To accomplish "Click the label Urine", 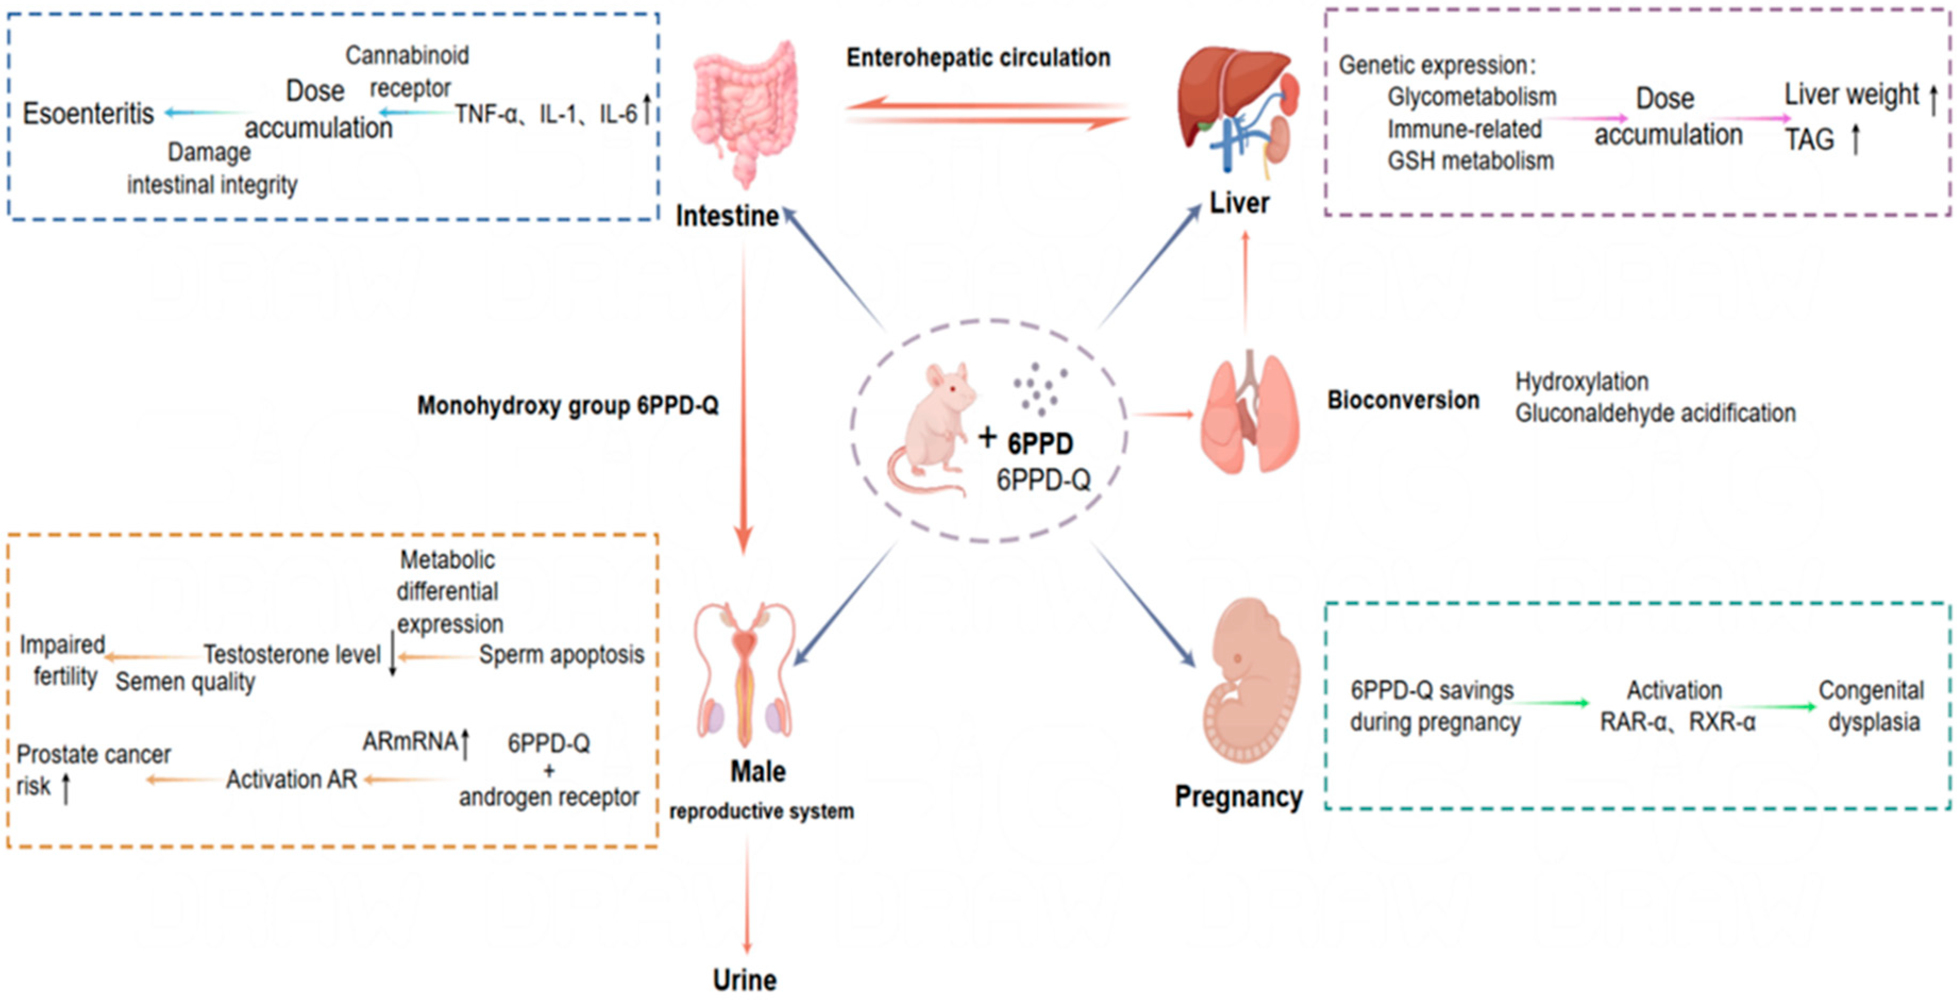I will tap(744, 979).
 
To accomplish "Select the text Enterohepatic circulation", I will tap(978, 58).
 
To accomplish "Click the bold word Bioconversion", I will tap(1403, 400).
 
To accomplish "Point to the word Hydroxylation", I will tap(1581, 381).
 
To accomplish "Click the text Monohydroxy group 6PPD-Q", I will tap(568, 406).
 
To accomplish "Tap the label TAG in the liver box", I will tap(1810, 140).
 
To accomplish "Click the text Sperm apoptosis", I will tap(562, 654).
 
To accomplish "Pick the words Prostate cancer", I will tap(94, 754).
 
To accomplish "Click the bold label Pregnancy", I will tap(1238, 797).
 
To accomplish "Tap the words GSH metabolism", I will tap(1470, 161).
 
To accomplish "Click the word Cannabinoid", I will tap(407, 55).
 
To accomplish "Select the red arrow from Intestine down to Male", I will tap(744, 396).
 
